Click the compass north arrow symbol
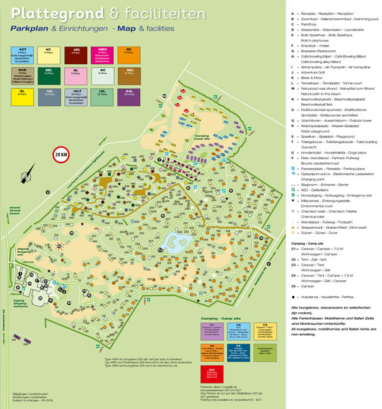tap(25, 178)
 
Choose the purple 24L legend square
tap(129, 96)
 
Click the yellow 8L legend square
tap(22, 96)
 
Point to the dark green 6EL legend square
tap(49, 75)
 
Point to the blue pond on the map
tap(173, 241)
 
